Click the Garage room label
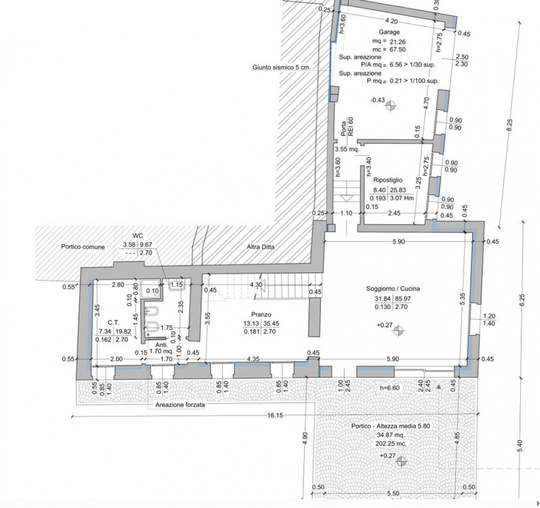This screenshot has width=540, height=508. [x=389, y=32]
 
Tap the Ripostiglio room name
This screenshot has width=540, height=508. [x=387, y=180]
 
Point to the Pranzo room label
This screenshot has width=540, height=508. [x=261, y=315]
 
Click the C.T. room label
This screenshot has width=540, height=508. [x=113, y=322]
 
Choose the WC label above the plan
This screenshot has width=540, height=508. [x=138, y=236]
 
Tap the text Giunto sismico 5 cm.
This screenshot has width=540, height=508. [x=281, y=67]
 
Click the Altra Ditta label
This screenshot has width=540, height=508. [x=261, y=246]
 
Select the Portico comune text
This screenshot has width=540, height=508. [x=83, y=246]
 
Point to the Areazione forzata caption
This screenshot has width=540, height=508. [x=180, y=405]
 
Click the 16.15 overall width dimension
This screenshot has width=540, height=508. [x=275, y=415]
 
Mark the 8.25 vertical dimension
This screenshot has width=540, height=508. [x=510, y=125]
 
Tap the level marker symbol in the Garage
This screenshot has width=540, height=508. [x=390, y=106]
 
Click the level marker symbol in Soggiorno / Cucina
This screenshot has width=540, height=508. [x=399, y=331]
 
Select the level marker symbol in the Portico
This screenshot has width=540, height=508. [x=401, y=461]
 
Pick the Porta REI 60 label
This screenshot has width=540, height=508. [x=347, y=127]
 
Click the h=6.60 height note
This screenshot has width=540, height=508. [x=389, y=388]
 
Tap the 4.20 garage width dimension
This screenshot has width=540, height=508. [x=391, y=21]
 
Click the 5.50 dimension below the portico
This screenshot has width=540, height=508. [x=393, y=493]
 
